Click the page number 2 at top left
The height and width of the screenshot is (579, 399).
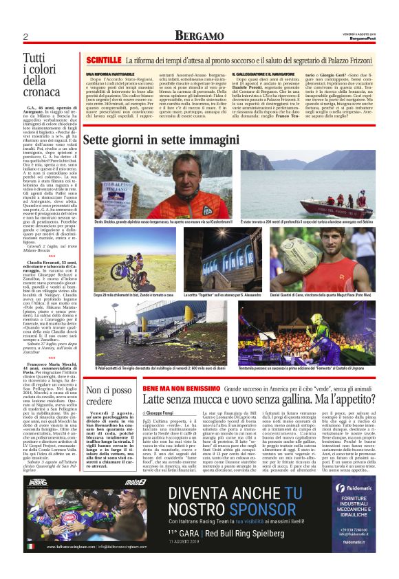pyautogui.click(x=25, y=36)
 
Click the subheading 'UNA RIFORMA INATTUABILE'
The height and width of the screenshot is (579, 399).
pyautogui.click(x=110, y=74)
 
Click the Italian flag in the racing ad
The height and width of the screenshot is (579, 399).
pyautogui.click(x=30, y=547)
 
